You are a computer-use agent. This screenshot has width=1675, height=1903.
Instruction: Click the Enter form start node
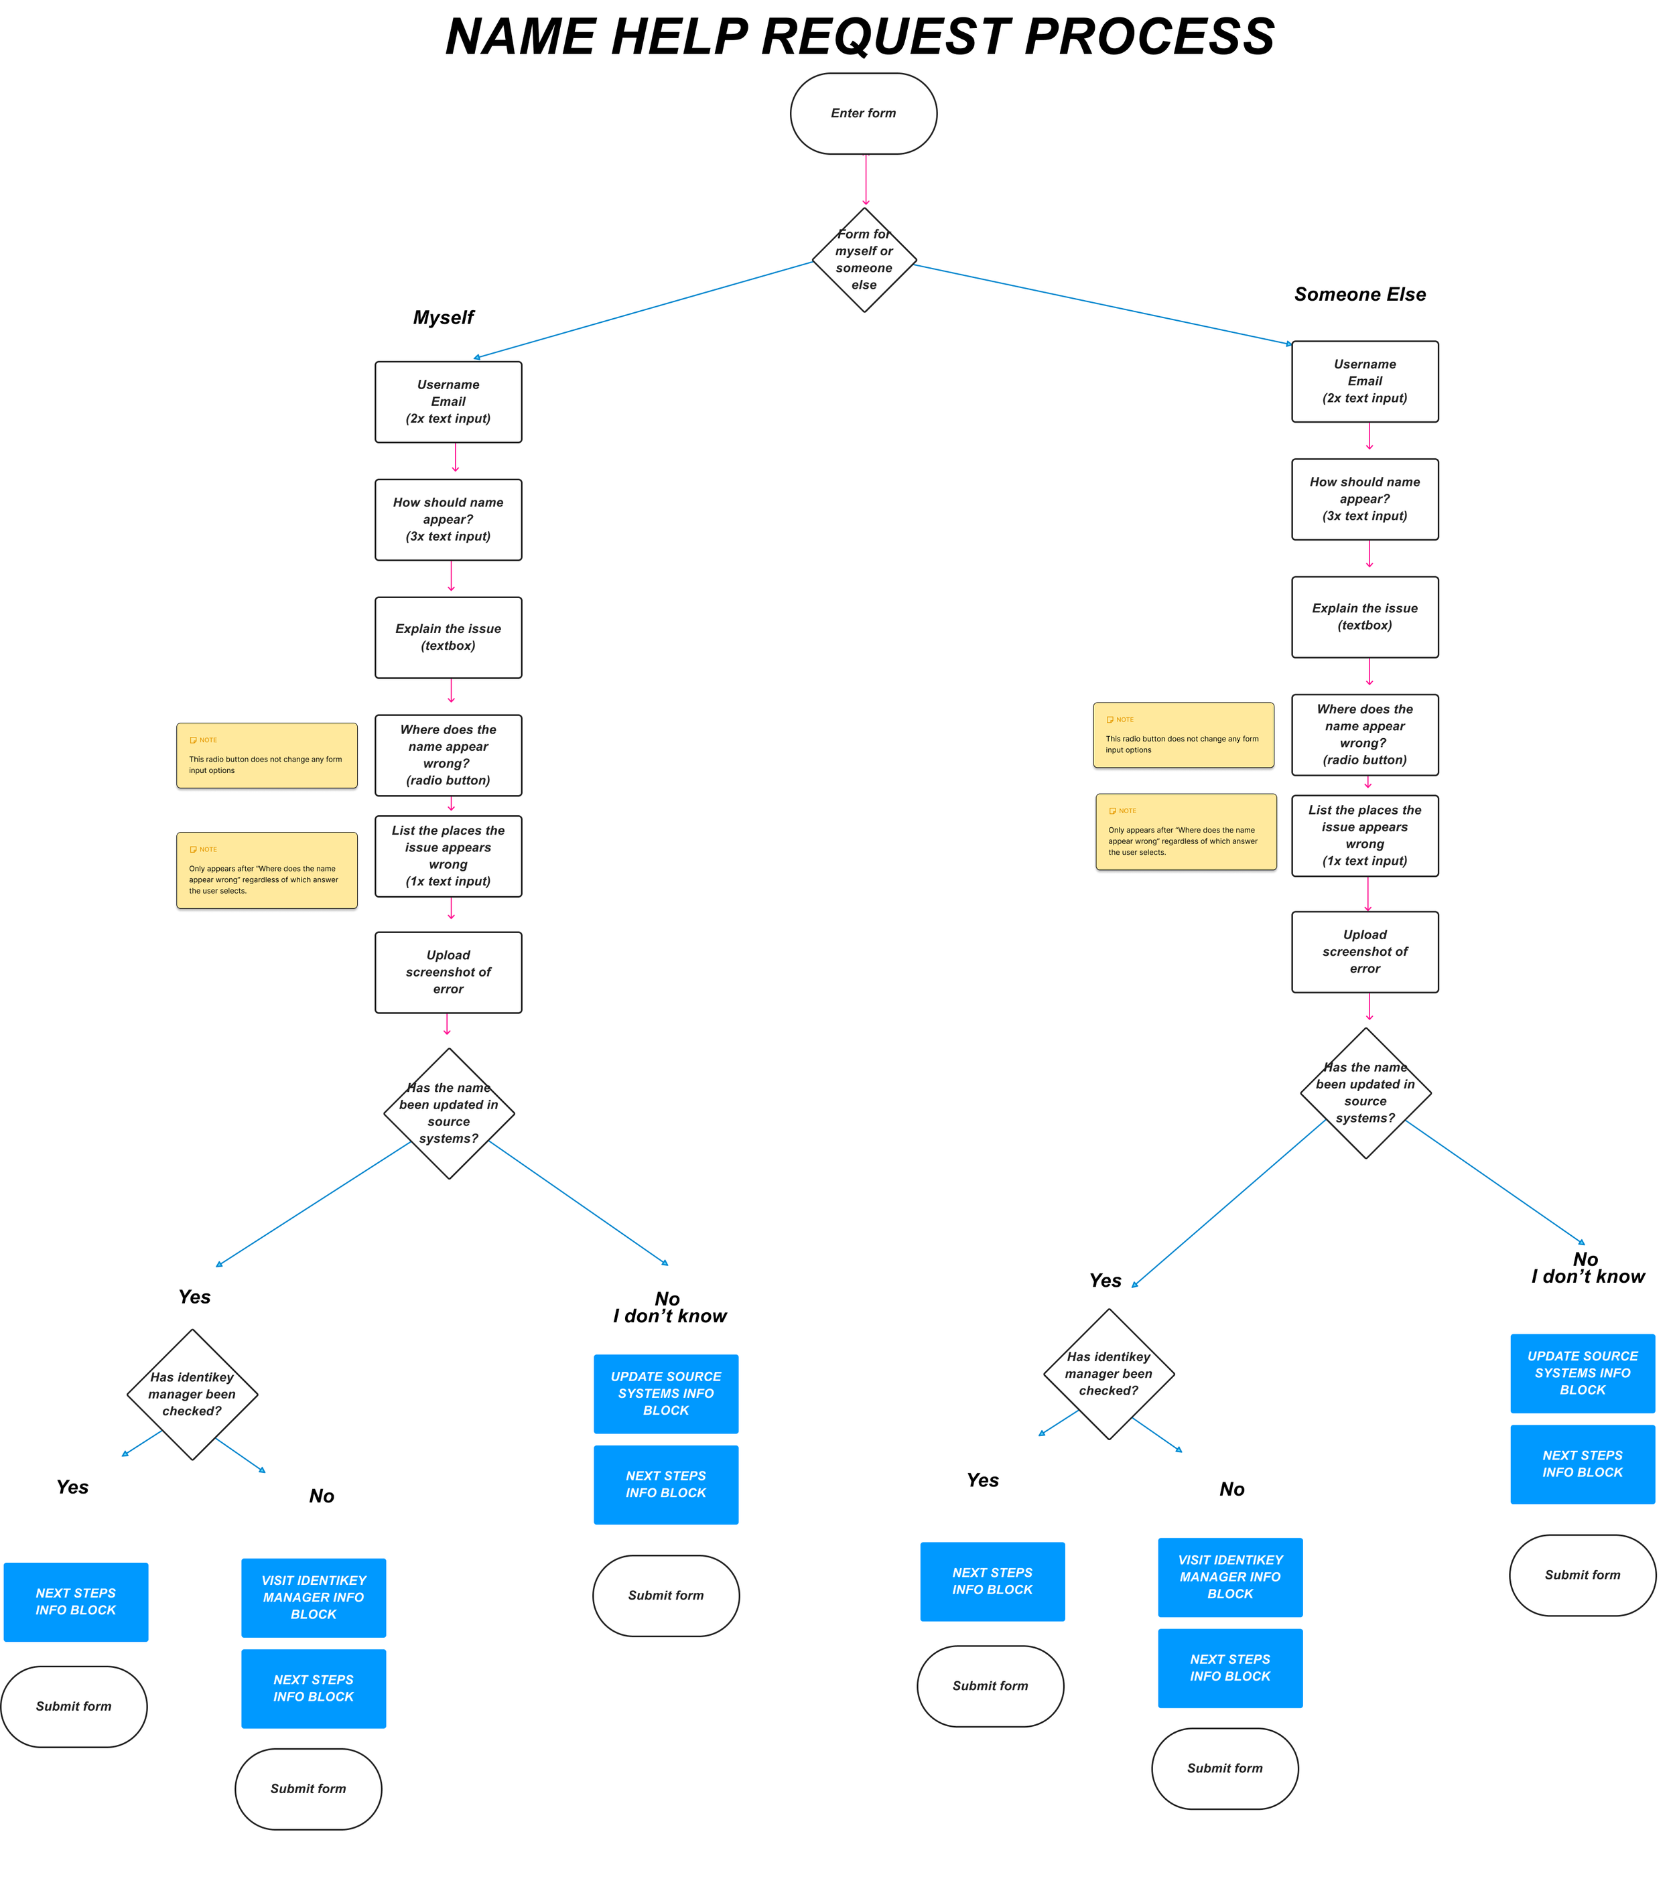coord(863,114)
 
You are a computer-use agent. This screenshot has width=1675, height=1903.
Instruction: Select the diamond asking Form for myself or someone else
coord(864,260)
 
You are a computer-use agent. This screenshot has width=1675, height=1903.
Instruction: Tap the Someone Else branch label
coord(1359,294)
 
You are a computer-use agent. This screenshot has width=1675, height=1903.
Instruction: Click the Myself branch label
coord(443,318)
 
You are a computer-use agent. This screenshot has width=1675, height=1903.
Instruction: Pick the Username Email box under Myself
coord(448,401)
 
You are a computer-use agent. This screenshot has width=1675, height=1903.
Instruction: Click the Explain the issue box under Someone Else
coord(1364,616)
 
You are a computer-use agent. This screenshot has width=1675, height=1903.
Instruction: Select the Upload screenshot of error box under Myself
coord(448,972)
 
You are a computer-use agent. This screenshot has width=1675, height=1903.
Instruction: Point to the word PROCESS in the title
coord(1149,38)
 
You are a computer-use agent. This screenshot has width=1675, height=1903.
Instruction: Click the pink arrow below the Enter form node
coord(866,180)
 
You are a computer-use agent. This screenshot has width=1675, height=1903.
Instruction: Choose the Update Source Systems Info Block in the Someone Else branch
coord(1582,1372)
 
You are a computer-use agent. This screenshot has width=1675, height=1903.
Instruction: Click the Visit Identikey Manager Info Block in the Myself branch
coord(313,1598)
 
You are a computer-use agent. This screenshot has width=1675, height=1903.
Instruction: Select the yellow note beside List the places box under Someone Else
coord(1185,831)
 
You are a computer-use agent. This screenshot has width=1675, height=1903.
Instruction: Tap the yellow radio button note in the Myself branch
coord(266,755)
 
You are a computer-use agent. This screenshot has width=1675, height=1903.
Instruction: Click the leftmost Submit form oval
coord(74,1707)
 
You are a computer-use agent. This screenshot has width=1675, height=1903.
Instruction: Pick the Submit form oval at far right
coord(1582,1575)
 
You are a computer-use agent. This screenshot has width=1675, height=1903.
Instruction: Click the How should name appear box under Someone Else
coord(1364,499)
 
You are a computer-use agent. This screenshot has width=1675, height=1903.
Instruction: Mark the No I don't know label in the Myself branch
coord(669,1307)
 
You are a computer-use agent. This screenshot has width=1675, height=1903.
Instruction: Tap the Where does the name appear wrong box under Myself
coord(448,755)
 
